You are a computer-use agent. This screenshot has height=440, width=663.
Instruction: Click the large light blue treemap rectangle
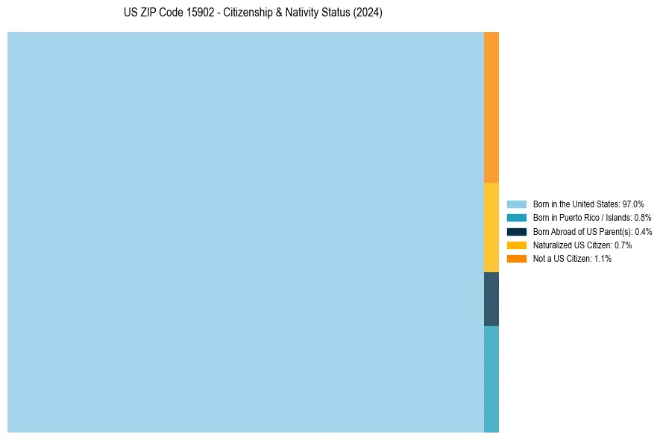(x=245, y=232)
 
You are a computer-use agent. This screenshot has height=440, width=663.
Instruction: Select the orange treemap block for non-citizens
(x=491, y=107)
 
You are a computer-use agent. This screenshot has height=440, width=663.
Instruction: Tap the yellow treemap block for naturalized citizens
(x=491, y=227)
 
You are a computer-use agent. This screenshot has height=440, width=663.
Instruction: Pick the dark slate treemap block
(x=491, y=299)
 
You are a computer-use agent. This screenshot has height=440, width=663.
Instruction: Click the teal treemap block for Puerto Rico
(x=491, y=379)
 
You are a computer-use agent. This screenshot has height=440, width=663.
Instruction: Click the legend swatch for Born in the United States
(x=517, y=204)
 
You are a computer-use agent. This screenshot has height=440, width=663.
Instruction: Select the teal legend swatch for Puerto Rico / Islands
(x=517, y=217)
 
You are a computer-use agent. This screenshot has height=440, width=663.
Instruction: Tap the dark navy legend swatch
(x=517, y=231)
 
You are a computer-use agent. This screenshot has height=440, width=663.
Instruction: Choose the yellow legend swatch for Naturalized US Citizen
(x=517, y=245)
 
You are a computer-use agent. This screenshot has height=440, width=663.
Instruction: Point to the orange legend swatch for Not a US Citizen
(x=517, y=258)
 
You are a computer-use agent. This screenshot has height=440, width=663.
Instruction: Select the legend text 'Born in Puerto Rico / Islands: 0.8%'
(x=592, y=217)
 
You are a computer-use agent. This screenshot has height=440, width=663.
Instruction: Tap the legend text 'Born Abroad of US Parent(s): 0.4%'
(x=592, y=231)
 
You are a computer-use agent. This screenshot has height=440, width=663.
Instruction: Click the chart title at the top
(x=253, y=13)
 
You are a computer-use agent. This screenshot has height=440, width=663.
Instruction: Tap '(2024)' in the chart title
(x=368, y=13)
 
